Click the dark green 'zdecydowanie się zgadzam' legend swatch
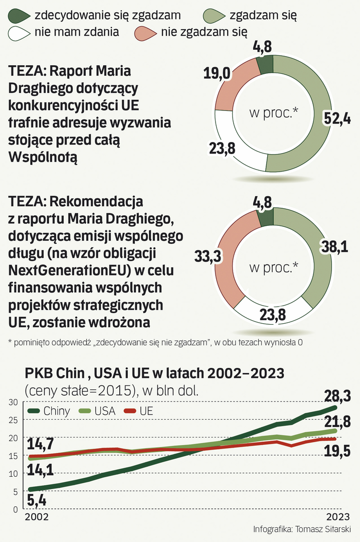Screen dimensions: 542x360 click(19, 16)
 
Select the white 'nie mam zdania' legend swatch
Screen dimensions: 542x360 click(19, 33)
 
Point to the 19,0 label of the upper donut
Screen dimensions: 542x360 click(217, 74)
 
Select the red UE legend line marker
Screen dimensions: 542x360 click(130, 411)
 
